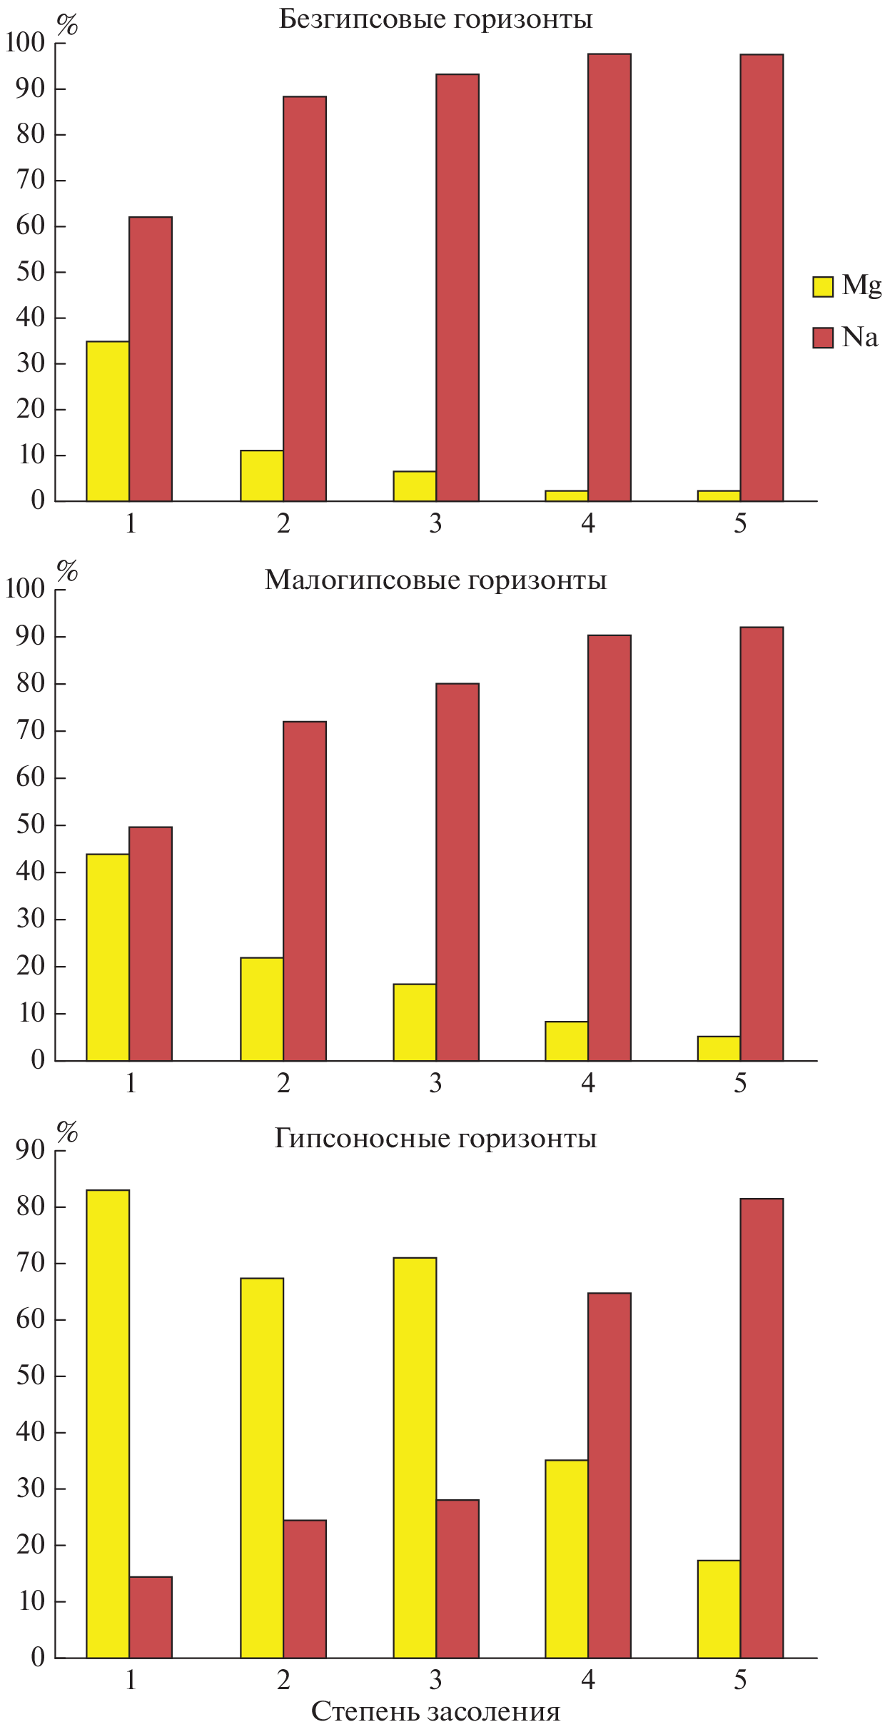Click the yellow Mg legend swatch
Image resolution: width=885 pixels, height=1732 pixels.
(x=822, y=287)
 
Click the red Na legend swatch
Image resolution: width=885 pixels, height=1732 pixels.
(x=822, y=338)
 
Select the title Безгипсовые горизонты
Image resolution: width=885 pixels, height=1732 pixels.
(x=435, y=19)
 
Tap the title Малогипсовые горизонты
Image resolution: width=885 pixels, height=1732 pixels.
(x=435, y=580)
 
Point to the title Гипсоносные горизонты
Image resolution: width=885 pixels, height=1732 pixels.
(x=435, y=1138)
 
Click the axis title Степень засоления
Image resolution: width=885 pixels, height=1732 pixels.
(x=435, y=1711)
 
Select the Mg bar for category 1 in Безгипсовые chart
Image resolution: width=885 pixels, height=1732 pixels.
(x=108, y=421)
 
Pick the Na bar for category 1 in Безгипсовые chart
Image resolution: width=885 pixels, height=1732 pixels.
(x=151, y=359)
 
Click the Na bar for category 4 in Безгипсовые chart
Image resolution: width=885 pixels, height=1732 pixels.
(x=610, y=278)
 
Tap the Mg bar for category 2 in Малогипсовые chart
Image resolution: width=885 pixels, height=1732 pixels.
(x=262, y=1009)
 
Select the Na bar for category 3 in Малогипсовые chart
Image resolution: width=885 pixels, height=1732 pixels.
(x=457, y=872)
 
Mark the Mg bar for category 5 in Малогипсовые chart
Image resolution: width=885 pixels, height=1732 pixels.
(x=719, y=1048)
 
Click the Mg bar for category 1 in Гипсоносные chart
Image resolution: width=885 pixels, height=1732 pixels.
(x=108, y=1424)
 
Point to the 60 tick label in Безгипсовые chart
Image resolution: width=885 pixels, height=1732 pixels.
(x=31, y=226)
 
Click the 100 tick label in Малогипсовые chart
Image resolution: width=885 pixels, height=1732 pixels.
(x=25, y=589)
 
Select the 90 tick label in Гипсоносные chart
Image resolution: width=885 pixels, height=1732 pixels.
(x=31, y=1150)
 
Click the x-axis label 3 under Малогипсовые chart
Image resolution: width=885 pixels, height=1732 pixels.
(x=435, y=1084)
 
